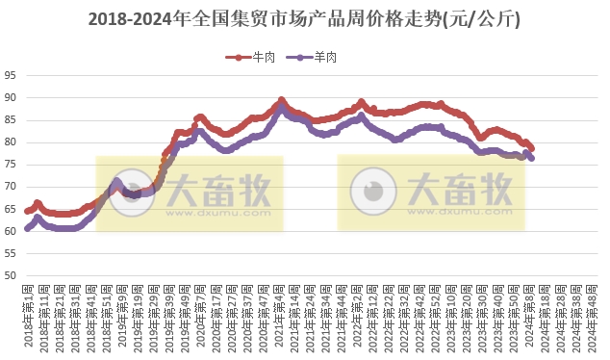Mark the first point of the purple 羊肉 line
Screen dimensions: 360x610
28,229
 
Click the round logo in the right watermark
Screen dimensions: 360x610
373,190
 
